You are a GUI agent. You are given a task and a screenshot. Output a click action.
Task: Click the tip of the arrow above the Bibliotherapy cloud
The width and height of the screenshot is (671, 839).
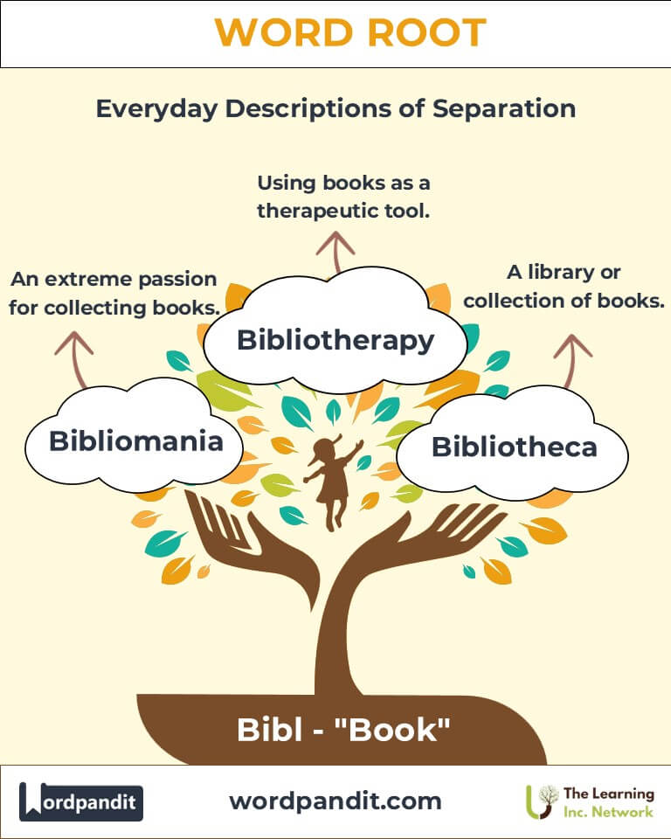(x=335, y=232)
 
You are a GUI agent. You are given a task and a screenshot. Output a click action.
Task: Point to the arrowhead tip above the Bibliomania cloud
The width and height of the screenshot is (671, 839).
(x=73, y=332)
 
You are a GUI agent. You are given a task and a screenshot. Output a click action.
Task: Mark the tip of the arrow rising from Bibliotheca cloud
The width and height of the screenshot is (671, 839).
(x=573, y=336)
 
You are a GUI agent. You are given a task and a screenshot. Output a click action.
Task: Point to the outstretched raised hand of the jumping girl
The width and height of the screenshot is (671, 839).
(x=359, y=444)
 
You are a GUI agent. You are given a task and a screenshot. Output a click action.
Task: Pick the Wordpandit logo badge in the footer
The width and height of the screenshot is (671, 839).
(x=80, y=801)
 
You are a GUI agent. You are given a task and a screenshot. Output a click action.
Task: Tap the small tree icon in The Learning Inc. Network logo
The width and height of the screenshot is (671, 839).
(x=542, y=801)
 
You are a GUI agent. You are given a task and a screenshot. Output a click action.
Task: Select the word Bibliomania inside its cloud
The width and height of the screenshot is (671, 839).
(x=136, y=440)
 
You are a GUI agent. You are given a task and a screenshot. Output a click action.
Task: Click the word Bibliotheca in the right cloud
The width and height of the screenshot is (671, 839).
(x=515, y=447)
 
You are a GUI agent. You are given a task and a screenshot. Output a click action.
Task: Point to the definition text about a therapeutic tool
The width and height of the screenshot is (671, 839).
(x=343, y=197)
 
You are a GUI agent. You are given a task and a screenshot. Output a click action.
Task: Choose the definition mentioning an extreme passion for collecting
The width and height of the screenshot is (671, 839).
(x=114, y=294)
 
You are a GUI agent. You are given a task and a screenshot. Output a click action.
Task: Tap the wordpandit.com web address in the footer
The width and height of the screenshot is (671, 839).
(x=335, y=801)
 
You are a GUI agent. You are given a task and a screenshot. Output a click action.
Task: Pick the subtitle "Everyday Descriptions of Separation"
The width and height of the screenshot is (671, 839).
(x=336, y=108)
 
